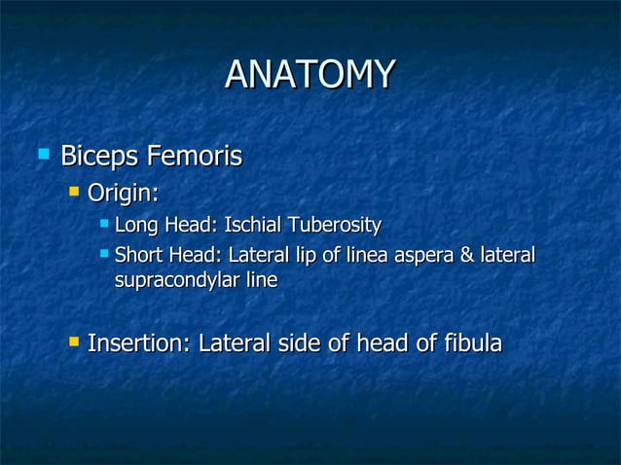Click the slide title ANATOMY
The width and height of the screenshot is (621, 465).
(310, 74)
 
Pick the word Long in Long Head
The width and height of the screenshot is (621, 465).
(136, 227)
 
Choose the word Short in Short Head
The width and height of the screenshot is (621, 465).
(138, 255)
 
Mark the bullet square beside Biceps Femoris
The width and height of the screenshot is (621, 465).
(43, 154)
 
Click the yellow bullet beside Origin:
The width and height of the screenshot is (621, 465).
(73, 192)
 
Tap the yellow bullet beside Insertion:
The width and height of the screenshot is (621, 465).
(73, 342)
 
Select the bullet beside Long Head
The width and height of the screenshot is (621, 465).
(103, 226)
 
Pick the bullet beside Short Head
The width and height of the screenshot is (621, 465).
(103, 254)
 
